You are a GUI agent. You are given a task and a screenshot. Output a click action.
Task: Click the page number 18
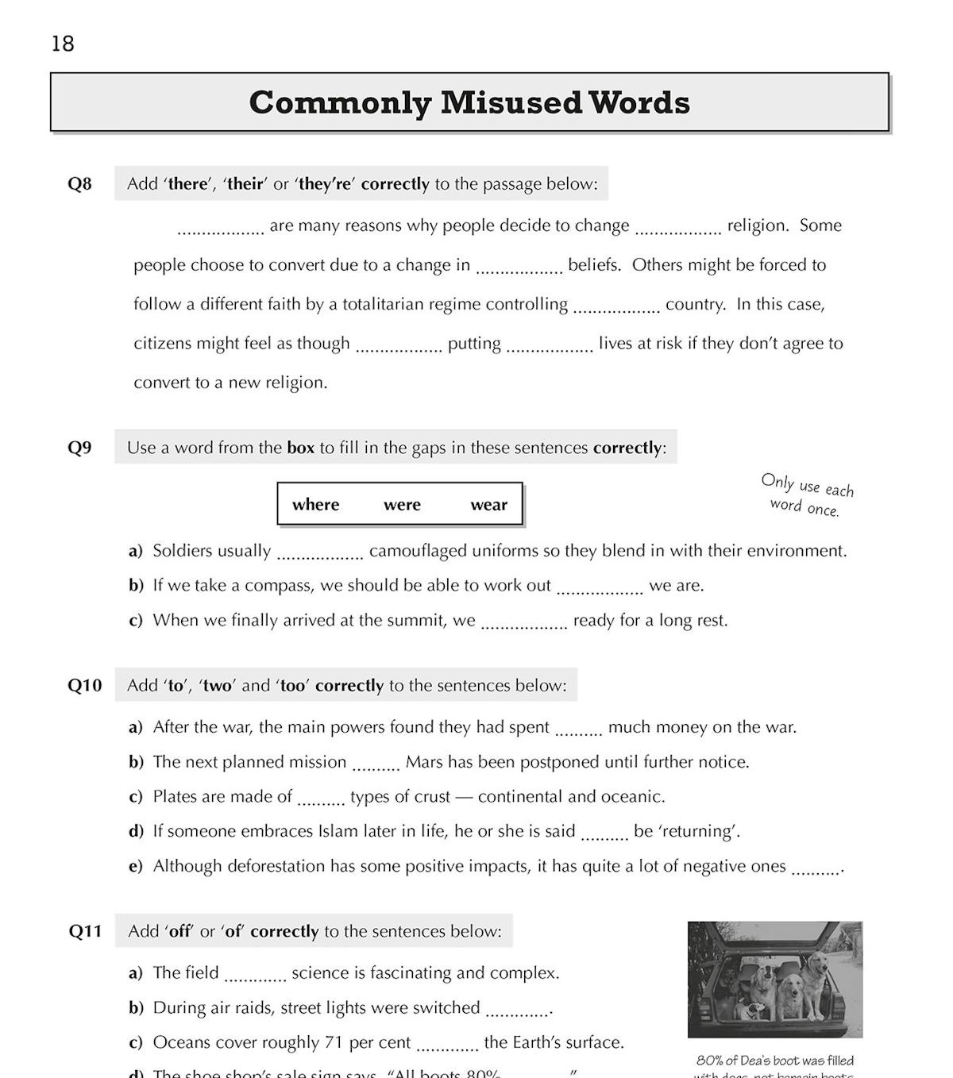[63, 44]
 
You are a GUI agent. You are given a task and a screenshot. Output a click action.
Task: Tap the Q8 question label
[79, 184]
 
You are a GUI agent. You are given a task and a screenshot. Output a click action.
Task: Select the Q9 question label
[79, 448]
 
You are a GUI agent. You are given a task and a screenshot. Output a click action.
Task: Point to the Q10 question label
[84, 685]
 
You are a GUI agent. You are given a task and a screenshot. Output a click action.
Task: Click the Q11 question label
[85, 931]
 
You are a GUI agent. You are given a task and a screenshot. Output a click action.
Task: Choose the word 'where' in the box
[315, 505]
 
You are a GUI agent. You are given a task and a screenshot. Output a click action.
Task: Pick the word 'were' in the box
[402, 505]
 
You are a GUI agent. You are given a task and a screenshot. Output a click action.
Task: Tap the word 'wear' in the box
[488, 505]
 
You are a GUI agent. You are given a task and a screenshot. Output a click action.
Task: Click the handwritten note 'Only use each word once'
[806, 496]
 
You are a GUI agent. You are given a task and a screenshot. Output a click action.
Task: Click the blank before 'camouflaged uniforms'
[320, 554]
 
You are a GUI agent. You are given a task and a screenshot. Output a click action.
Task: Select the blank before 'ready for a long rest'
[524, 624]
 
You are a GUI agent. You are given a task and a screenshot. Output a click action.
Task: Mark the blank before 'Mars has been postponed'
[376, 765]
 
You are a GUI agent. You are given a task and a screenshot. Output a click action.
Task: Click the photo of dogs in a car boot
[775, 980]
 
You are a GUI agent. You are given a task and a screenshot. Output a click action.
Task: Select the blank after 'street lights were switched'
[518, 1011]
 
